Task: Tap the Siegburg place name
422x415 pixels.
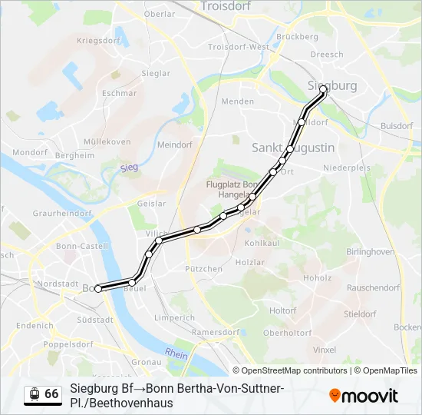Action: (331, 85)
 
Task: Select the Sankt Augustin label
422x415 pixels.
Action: (293, 147)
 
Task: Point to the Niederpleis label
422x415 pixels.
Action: (347, 167)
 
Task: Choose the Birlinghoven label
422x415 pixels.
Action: (371, 251)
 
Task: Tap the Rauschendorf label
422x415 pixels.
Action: (374, 287)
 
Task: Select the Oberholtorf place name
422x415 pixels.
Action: (287, 333)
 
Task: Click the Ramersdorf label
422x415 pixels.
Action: (216, 332)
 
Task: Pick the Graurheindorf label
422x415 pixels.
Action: (62, 213)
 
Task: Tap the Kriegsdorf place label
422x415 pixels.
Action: (100, 40)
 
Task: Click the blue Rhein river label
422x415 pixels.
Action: (176, 354)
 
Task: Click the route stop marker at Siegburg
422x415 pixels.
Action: (323, 90)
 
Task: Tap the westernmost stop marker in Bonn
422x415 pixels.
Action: (98, 289)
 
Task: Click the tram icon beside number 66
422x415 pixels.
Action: (34, 394)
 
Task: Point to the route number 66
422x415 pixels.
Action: (51, 393)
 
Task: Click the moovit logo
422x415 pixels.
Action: (364, 396)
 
